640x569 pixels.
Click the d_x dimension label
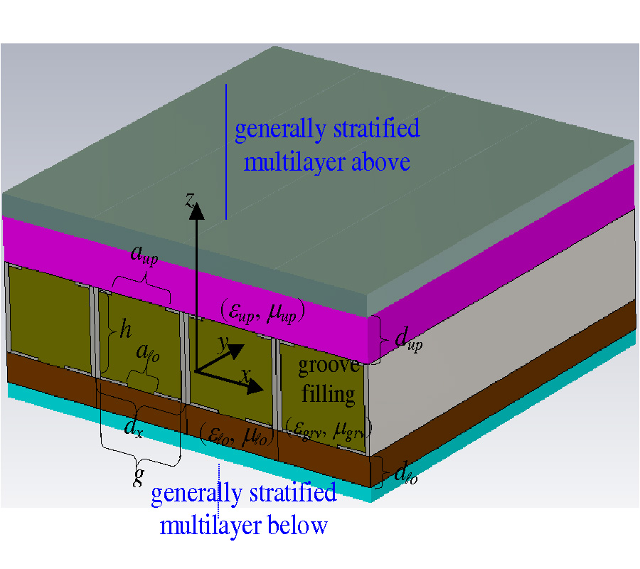tap(133, 427)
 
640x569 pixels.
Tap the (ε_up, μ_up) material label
tap(261, 312)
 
